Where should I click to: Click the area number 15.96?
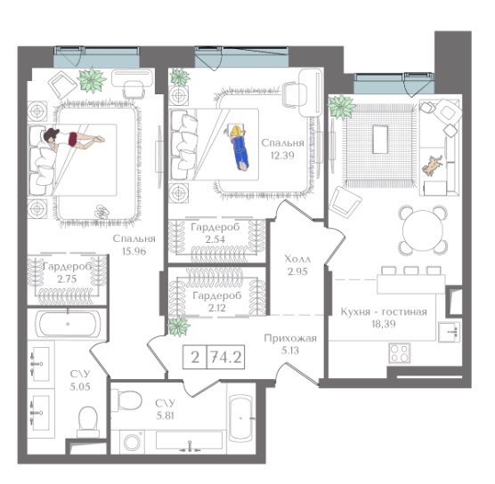[x=134, y=251]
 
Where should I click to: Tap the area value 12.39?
[x=282, y=155]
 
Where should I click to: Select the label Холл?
[x=297, y=259]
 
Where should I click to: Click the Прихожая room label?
[x=290, y=338]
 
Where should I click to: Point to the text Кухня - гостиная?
[x=384, y=311]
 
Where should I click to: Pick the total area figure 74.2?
[x=226, y=357]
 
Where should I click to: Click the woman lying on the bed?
[x=73, y=139]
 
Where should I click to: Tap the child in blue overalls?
[x=239, y=148]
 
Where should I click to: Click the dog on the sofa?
[x=432, y=165]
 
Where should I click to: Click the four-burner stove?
[x=400, y=352]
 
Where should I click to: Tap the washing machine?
[x=132, y=441]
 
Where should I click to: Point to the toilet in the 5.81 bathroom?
[x=127, y=400]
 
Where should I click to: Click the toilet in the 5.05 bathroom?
[x=88, y=420]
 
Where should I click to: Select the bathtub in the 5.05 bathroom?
[x=69, y=324]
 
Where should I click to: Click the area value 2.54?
[x=215, y=238]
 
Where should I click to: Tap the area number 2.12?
[x=217, y=307]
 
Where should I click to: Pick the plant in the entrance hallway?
[x=179, y=326]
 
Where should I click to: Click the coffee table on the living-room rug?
[x=380, y=140]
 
